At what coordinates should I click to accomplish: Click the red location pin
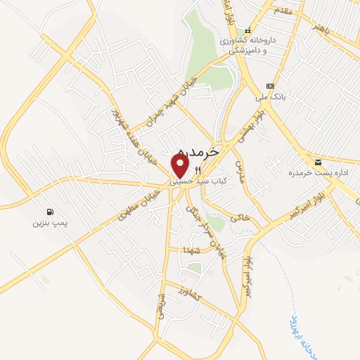click(x=180, y=165)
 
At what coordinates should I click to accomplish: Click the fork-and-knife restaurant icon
click(x=198, y=170)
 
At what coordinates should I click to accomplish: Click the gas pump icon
click(x=50, y=212)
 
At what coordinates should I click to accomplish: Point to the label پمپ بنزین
click(x=48, y=224)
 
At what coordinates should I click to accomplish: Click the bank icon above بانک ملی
click(x=270, y=85)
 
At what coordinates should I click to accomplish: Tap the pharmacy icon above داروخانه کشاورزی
click(x=247, y=30)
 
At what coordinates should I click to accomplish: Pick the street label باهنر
click(x=320, y=28)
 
